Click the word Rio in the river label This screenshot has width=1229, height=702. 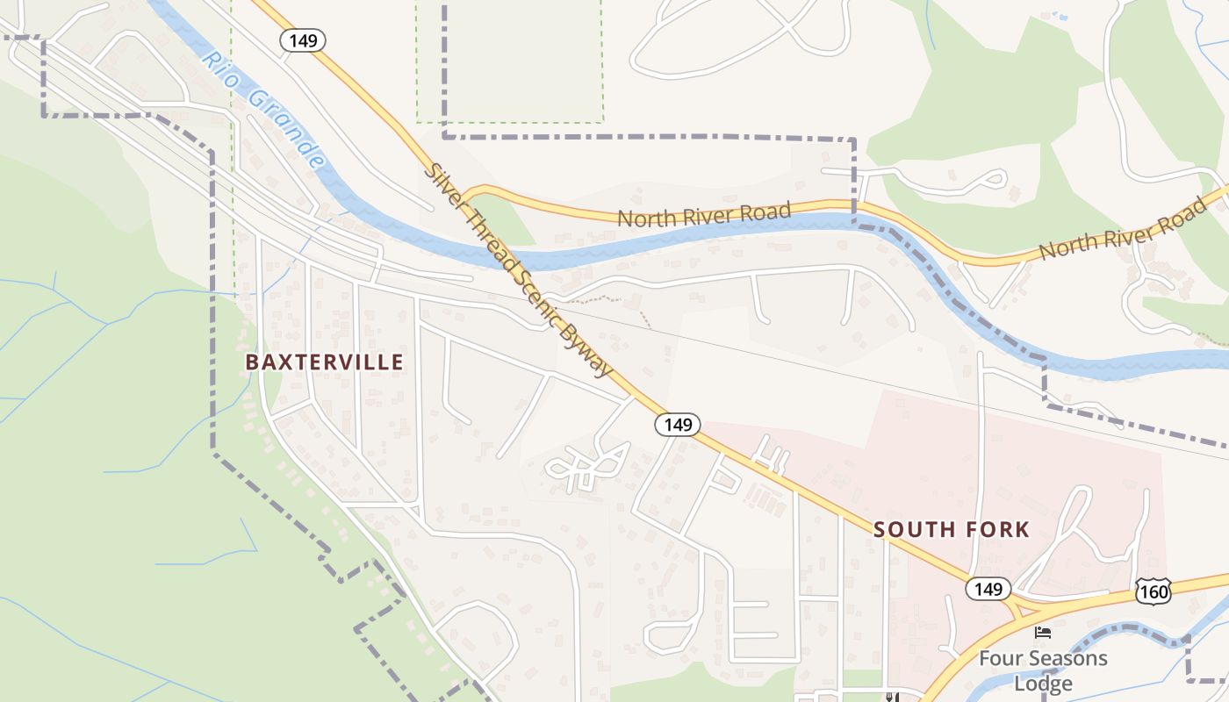(x=219, y=68)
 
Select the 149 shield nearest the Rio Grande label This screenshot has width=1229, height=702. (x=303, y=39)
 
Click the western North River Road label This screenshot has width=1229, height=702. (x=704, y=214)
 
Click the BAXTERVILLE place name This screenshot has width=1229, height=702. (x=325, y=362)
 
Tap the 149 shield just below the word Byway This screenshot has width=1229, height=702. (x=678, y=426)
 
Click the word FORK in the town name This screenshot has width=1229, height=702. (x=995, y=530)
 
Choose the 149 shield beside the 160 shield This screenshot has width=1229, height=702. (x=988, y=589)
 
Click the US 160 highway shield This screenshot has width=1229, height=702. (x=1153, y=592)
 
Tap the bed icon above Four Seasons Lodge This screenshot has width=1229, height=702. (x=1043, y=632)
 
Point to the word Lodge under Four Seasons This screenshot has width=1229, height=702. (x=1043, y=684)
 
